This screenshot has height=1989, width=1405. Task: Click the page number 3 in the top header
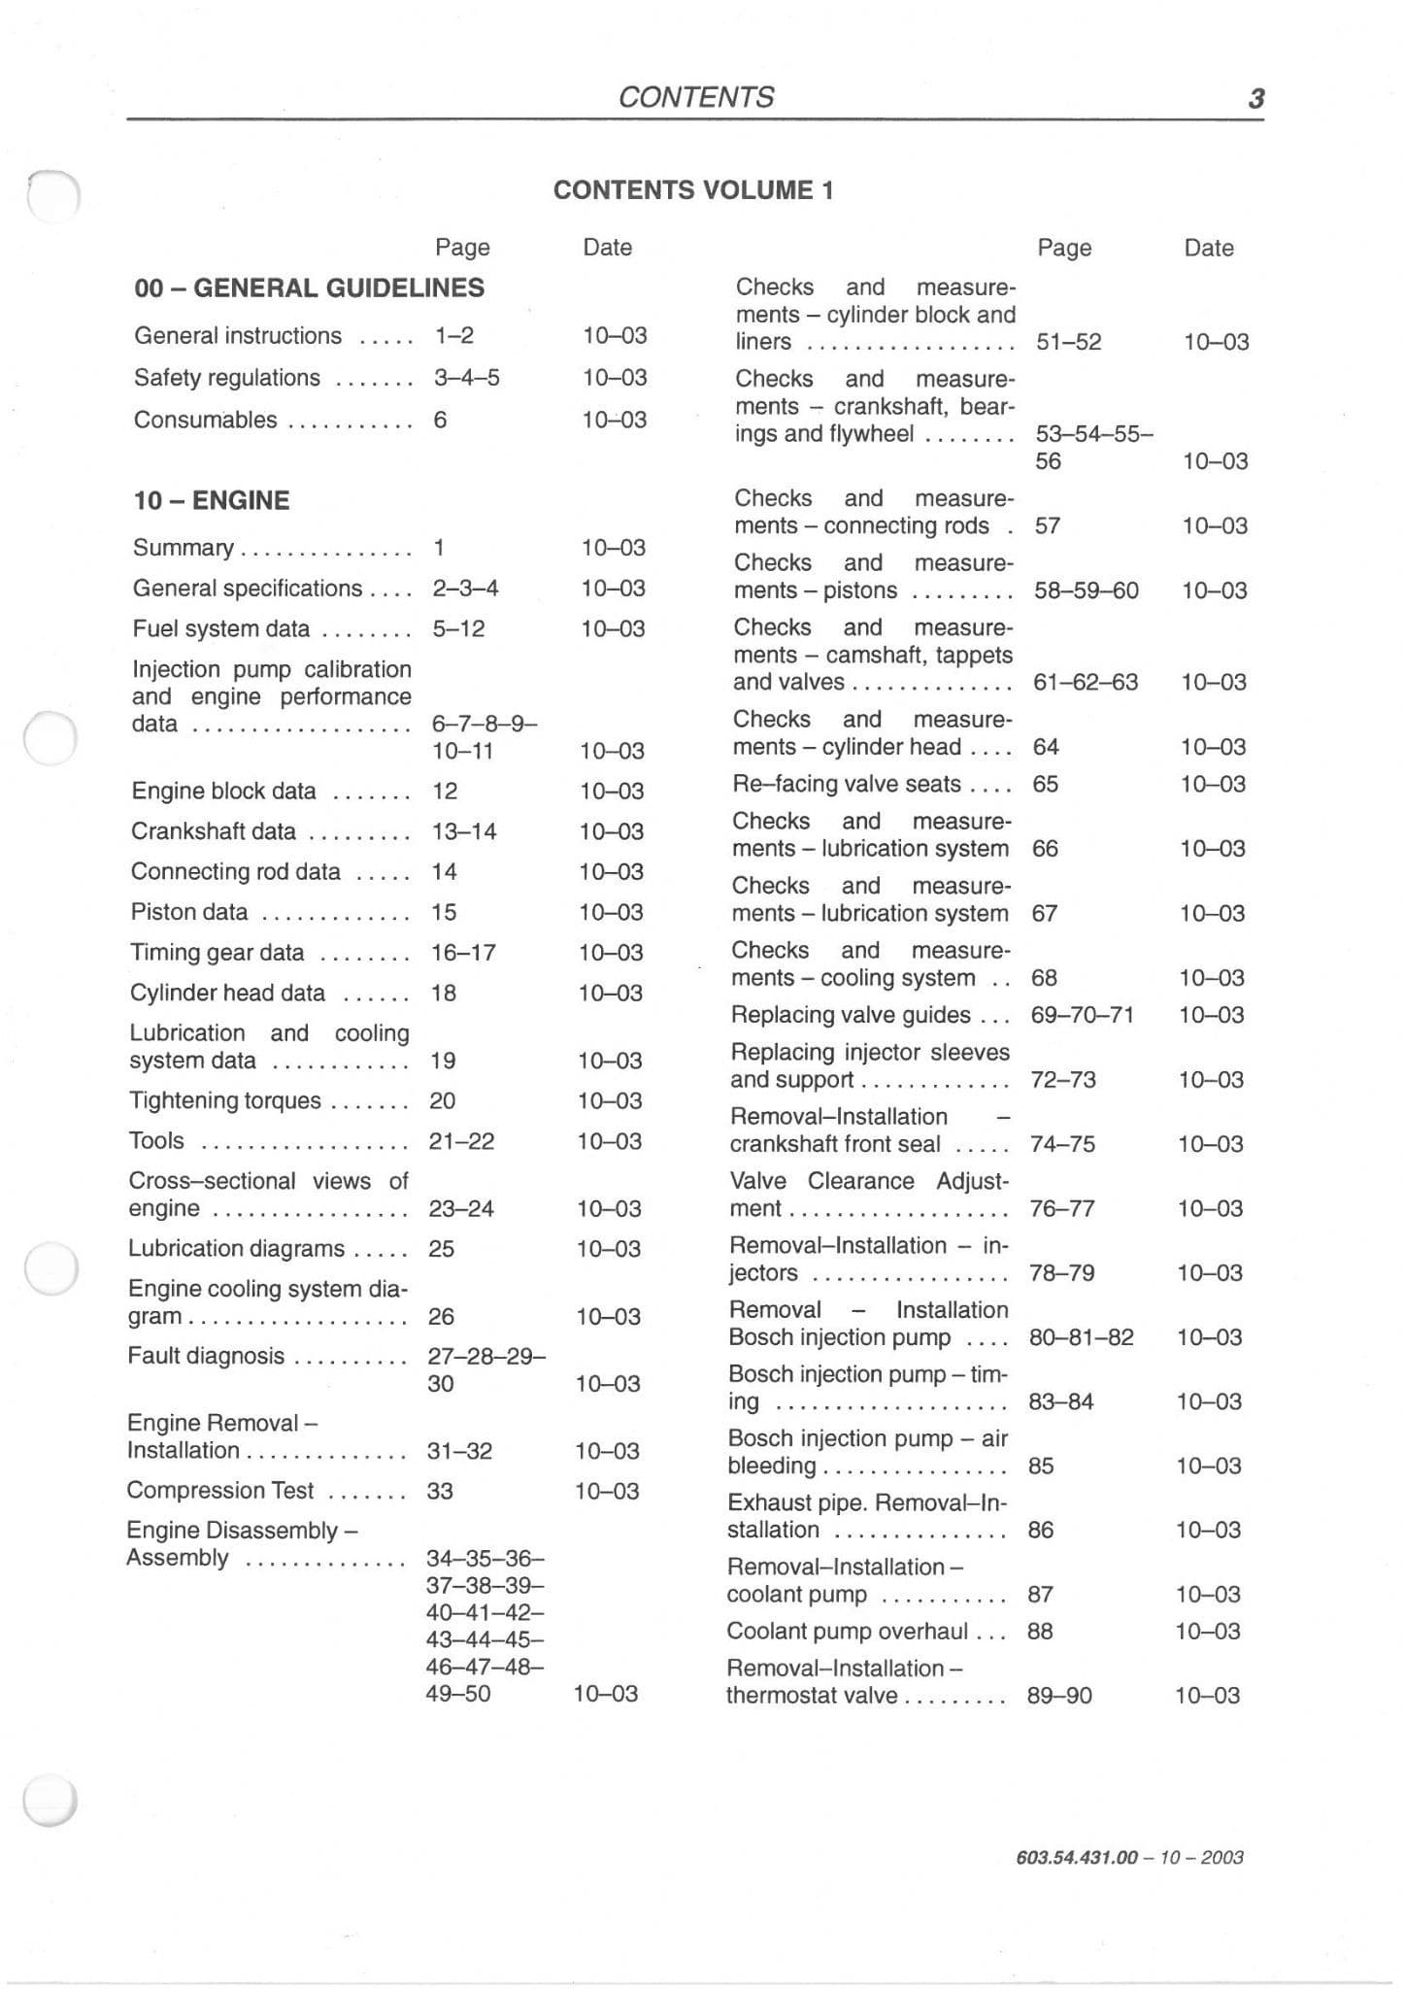1255,98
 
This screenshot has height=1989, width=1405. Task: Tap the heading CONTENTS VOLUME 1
693,190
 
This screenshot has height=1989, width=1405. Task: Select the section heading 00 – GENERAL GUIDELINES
309,288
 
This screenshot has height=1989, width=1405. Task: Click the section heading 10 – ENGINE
212,500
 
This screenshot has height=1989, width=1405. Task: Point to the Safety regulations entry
227,378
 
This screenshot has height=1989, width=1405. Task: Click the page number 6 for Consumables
440,420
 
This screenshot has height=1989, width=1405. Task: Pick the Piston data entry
189,912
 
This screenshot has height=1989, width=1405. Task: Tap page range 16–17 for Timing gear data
463,953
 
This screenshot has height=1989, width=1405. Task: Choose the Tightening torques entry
224,1100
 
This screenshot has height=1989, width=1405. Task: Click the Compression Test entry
220,1490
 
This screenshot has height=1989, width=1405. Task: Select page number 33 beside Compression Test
440,1491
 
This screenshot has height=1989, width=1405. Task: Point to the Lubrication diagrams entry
236,1248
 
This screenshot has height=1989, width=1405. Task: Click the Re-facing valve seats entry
847,784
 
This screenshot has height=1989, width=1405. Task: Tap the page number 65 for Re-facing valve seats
1045,784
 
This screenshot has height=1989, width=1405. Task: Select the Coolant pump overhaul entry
848,1631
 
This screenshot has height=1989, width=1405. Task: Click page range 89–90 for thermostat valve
1059,1696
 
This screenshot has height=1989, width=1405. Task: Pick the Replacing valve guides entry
851,1015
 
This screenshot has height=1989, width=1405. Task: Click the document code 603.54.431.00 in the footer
1076,1857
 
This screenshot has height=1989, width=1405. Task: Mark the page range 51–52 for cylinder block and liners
1068,342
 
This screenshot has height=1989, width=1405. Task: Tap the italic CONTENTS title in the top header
695,97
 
